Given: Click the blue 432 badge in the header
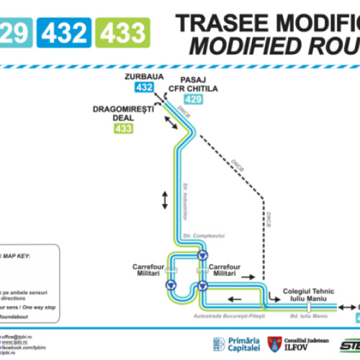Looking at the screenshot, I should (x=66, y=32).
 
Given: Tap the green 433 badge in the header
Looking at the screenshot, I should (x=123, y=32).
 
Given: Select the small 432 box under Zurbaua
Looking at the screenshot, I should (x=144, y=88).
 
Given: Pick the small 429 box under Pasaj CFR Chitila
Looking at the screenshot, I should (x=192, y=99).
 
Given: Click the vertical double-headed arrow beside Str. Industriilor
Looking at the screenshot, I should (x=165, y=200).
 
